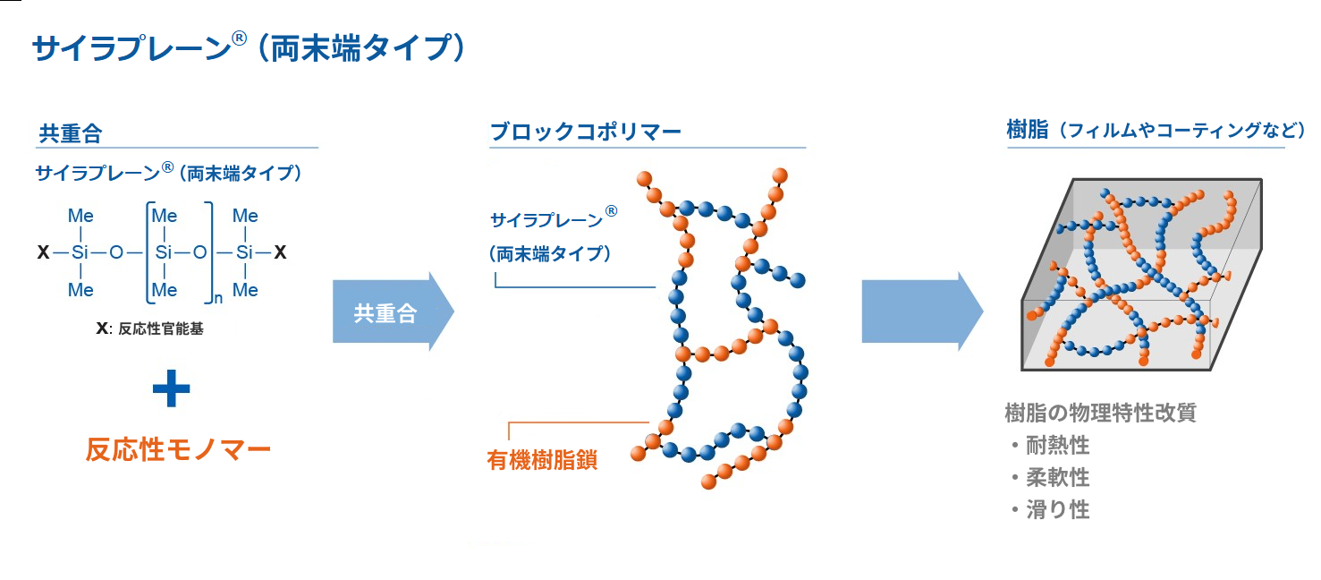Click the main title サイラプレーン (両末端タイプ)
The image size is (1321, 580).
249,47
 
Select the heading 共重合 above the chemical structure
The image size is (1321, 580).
71,133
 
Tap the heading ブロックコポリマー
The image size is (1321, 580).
586,131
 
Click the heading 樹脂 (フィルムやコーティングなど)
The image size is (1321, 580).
1156,130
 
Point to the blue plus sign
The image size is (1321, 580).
171,388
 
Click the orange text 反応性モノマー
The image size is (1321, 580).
178,449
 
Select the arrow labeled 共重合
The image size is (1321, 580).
394,311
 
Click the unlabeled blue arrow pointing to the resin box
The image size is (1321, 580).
922,311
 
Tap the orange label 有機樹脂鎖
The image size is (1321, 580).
542,460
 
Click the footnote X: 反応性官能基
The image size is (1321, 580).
149,328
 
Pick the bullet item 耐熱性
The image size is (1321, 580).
1057,445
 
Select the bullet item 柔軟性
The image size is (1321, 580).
1057,477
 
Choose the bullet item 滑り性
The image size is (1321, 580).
1057,510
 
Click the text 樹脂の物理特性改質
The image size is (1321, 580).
1100,413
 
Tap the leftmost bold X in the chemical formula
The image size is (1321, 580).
43,252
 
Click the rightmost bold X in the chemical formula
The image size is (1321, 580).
280,252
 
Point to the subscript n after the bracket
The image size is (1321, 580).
218,298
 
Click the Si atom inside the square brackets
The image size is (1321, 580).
164,252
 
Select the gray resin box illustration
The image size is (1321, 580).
1142,274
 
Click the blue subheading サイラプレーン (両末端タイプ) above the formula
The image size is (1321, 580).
169,172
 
